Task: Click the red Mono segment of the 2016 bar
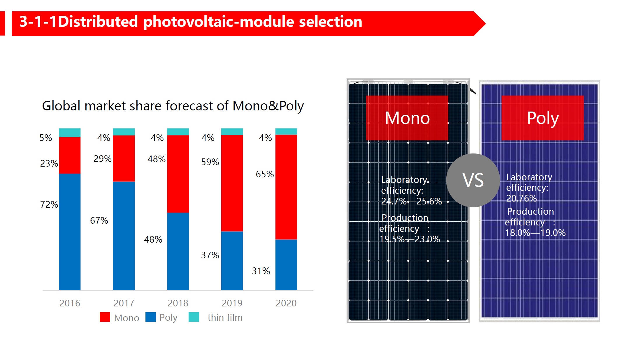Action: click(x=70, y=155)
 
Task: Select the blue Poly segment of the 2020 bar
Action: click(x=286, y=264)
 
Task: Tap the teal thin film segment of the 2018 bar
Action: click(x=178, y=132)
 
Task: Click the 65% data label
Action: click(x=264, y=174)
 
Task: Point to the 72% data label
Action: click(x=49, y=204)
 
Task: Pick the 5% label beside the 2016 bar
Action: click(x=46, y=138)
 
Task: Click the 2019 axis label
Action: click(x=232, y=303)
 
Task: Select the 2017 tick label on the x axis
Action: click(x=124, y=303)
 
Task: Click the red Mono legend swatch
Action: click(x=105, y=317)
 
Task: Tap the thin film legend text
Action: click(x=225, y=317)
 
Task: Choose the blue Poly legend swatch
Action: click(x=150, y=317)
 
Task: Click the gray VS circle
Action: click(x=473, y=180)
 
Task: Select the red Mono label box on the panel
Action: click(x=407, y=118)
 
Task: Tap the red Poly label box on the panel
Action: click(x=542, y=118)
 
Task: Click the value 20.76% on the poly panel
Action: click(x=521, y=198)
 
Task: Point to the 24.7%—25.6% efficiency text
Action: click(x=411, y=201)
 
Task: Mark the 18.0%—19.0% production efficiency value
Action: click(x=535, y=233)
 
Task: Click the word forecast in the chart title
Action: click(x=189, y=106)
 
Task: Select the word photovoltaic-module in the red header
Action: click(x=219, y=22)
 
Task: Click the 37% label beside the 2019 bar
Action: click(x=210, y=255)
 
